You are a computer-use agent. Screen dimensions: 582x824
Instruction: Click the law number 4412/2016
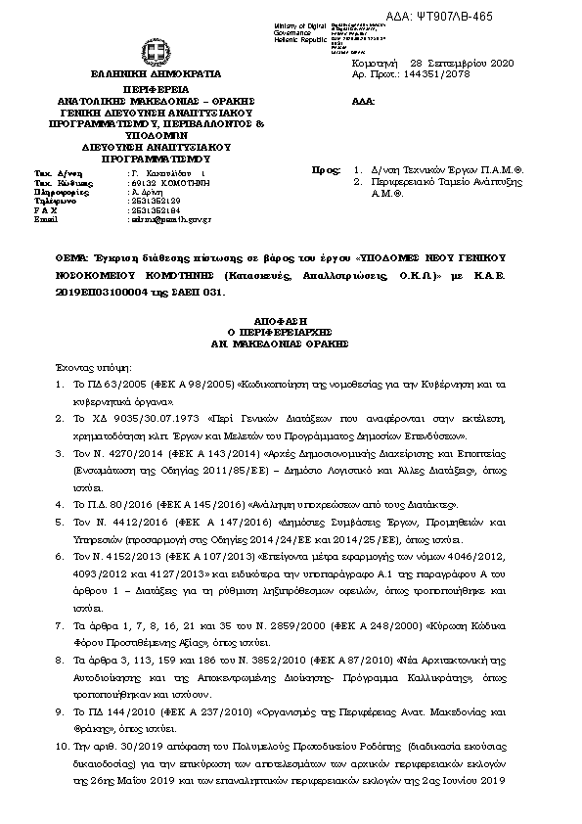122,524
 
